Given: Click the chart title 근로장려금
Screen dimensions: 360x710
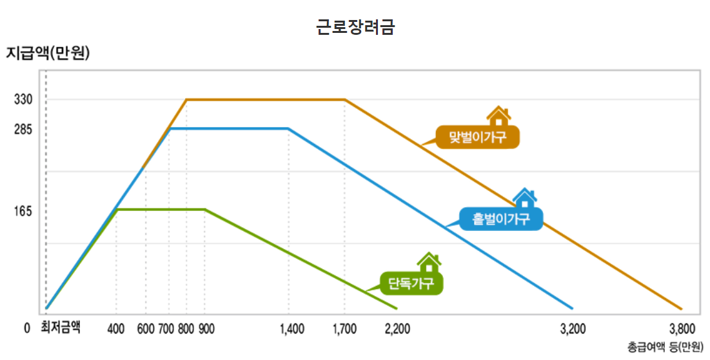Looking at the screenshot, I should coord(355,27).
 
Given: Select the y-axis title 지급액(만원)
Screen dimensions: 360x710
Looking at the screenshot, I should coord(47,53).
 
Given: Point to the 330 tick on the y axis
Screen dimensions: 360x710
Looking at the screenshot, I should coord(23,100).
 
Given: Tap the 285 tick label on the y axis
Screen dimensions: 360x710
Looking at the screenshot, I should coord(23,130).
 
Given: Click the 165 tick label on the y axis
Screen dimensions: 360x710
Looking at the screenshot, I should coord(23,212).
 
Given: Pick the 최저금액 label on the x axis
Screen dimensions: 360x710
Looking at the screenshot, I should coord(61,328).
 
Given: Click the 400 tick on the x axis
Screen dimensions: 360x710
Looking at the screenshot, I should coord(116,329).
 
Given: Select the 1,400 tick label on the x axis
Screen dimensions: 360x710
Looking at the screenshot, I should coord(292,329).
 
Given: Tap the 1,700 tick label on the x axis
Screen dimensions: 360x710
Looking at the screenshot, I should coord(344,329).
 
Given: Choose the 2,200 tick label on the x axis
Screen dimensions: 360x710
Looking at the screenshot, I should coord(397,329).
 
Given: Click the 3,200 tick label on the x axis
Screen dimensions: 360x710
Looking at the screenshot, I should coord(573,329).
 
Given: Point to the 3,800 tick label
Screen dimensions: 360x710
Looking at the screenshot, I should coord(682,329).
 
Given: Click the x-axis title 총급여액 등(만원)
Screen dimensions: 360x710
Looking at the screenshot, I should coord(666,347).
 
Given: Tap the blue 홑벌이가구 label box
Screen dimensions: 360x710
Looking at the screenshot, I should coord(501,219).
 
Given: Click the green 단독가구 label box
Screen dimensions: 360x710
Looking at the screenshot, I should coord(411,283).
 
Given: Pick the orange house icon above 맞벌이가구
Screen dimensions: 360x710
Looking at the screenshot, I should coord(498,116).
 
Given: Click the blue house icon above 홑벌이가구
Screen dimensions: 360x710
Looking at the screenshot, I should coord(524,197).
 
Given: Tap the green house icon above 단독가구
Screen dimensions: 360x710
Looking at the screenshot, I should coord(429,261).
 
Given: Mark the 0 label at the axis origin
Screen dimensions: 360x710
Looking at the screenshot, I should coord(26,328).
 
